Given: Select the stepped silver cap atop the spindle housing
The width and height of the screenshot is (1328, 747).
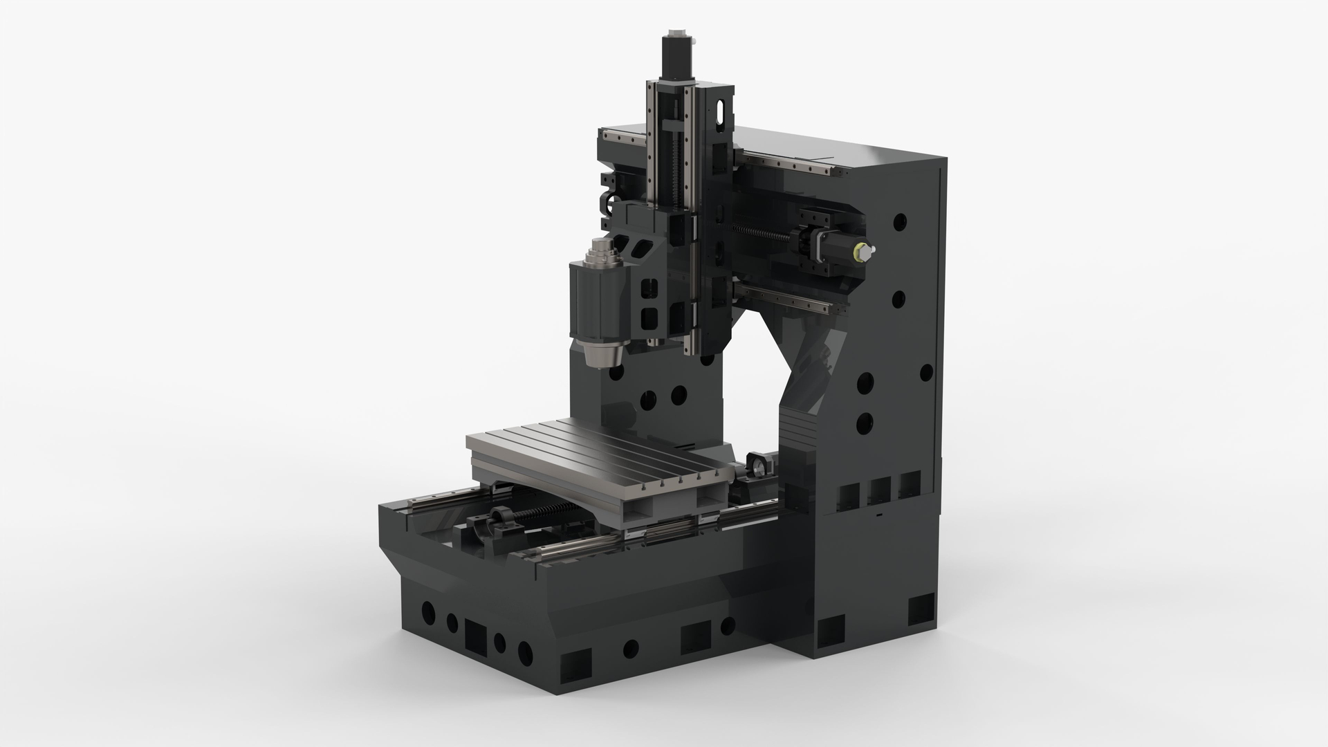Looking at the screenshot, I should (x=599, y=253).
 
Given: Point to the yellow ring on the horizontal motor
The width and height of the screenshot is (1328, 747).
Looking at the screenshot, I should (x=861, y=251).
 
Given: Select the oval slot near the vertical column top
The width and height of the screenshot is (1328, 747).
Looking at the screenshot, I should (x=721, y=114).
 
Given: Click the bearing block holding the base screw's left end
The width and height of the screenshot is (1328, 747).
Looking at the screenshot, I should (x=499, y=520).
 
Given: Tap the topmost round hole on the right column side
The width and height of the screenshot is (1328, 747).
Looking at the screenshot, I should (x=900, y=222).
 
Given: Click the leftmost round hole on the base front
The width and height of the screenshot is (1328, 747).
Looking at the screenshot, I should (x=429, y=611).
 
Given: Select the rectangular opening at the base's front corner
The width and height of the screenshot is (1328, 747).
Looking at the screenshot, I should (x=575, y=667).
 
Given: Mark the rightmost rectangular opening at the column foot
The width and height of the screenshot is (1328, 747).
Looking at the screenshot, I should (x=921, y=609).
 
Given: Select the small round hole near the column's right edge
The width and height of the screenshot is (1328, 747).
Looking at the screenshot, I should (x=925, y=373).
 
